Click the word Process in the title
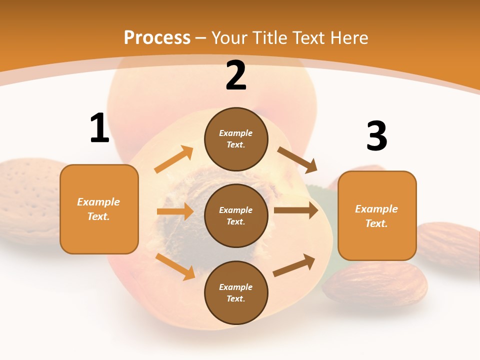point(157,37)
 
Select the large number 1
point(99,128)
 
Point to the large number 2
point(236,75)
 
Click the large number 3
point(376,136)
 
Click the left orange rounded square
point(99,209)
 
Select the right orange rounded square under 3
point(377,216)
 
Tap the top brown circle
point(236,139)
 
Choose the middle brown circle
point(236,215)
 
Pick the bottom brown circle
point(236,292)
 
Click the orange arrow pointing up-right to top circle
point(174,160)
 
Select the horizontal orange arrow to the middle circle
point(175,211)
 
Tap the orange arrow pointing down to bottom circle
point(175,266)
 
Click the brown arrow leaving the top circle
point(297,159)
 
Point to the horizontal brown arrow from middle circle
point(296,210)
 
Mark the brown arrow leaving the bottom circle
point(294,265)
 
